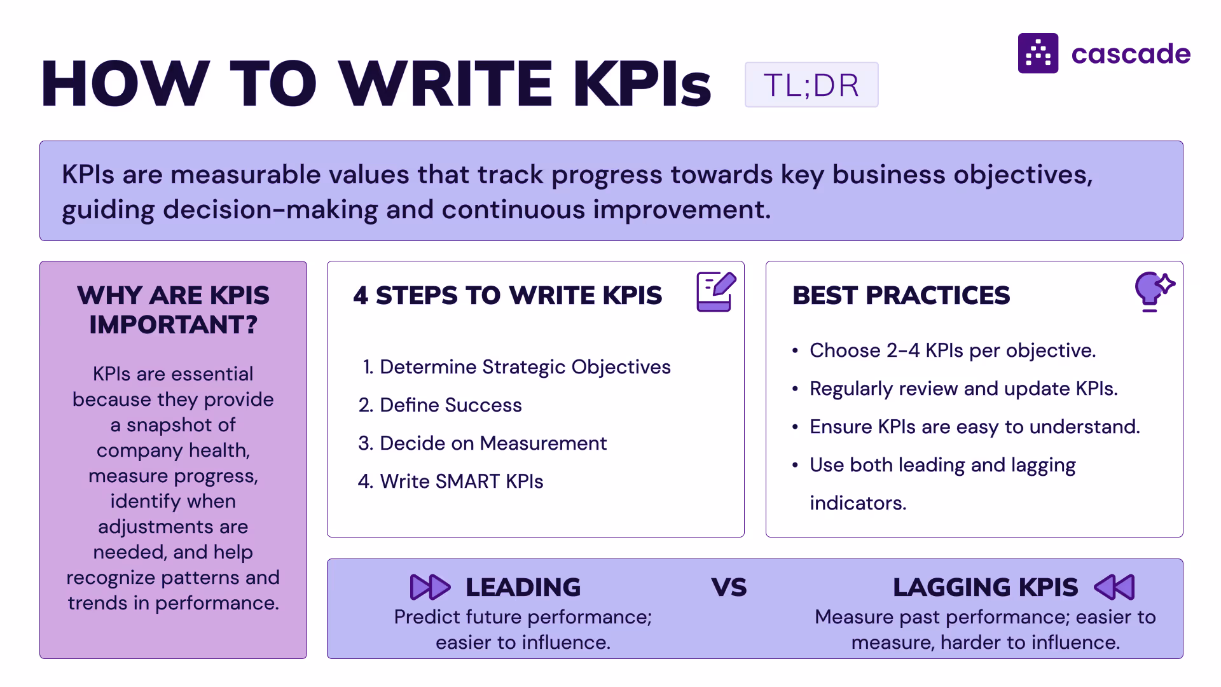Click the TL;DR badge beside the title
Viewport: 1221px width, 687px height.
pyautogui.click(x=811, y=85)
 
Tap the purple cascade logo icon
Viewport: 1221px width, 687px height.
pyautogui.click(x=1038, y=53)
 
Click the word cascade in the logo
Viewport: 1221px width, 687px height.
pyautogui.click(x=1131, y=54)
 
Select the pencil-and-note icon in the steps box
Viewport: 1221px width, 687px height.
pyautogui.click(x=715, y=291)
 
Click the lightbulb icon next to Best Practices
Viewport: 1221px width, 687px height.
pyautogui.click(x=1153, y=291)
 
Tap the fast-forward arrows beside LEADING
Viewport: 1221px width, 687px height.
pyautogui.click(x=430, y=586)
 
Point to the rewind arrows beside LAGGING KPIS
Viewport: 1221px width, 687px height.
pyautogui.click(x=1114, y=586)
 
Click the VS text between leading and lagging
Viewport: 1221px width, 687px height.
pyautogui.click(x=729, y=587)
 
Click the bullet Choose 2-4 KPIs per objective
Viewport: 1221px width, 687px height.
pyautogui.click(x=952, y=350)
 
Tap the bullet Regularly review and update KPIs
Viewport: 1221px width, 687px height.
pyautogui.click(x=963, y=389)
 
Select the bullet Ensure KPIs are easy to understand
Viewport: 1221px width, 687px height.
pyautogui.click(x=974, y=427)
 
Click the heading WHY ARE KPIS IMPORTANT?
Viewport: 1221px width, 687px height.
pyautogui.click(x=173, y=310)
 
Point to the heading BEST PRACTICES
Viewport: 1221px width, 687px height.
pyautogui.click(x=900, y=295)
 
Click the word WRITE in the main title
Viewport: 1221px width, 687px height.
pyautogui.click(x=445, y=83)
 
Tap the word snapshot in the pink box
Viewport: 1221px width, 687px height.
pyautogui.click(x=181, y=425)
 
